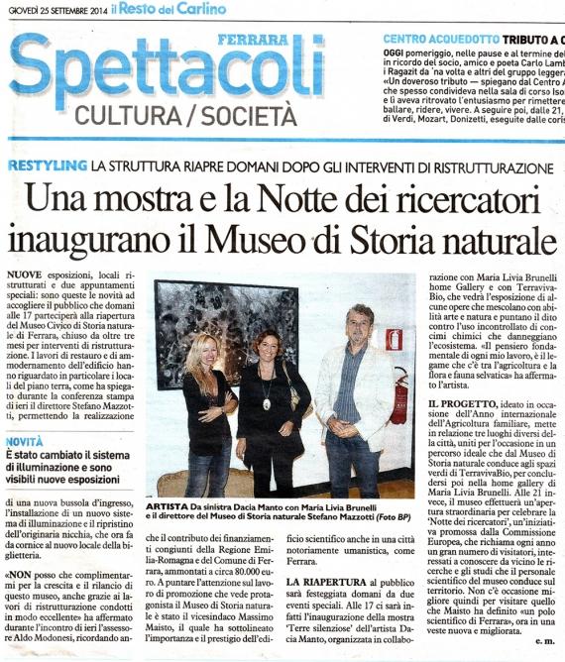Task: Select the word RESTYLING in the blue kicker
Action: pos(45,165)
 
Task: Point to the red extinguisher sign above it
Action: pos(394,340)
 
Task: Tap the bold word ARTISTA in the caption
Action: pos(169,504)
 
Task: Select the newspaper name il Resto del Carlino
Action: pos(172,8)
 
